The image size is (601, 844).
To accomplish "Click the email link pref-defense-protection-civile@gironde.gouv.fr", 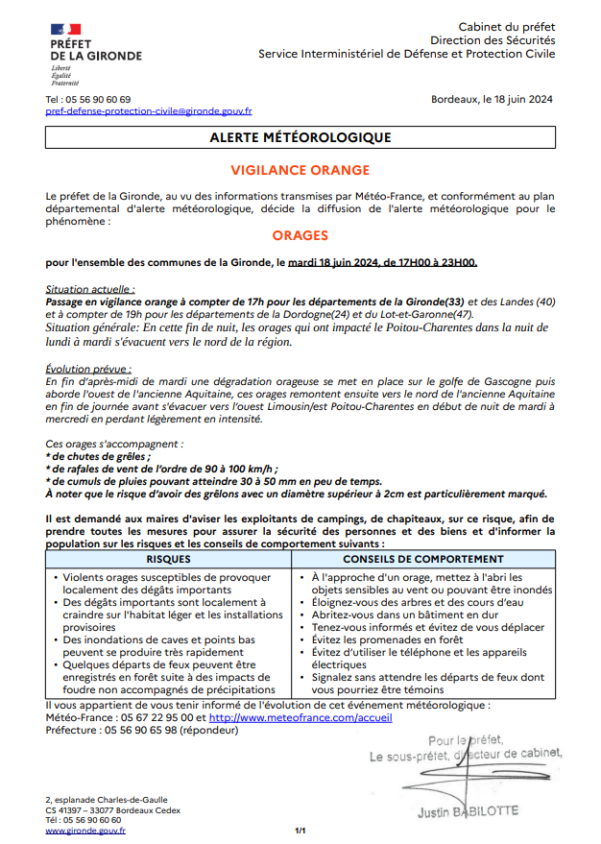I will point(149,111).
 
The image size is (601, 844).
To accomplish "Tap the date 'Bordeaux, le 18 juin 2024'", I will point(492,99).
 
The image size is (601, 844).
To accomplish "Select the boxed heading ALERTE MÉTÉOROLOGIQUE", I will point(300,138).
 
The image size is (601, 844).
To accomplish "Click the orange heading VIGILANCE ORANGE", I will point(300,170).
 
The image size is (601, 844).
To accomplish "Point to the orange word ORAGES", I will point(300,235).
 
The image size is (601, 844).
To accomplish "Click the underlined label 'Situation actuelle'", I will point(90,289).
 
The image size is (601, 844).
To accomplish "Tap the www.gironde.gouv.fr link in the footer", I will point(85,832).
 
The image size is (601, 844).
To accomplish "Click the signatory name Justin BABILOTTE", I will point(468,811).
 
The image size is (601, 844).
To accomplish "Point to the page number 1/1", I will point(300,832).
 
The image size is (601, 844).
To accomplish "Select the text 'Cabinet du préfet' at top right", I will point(507,27).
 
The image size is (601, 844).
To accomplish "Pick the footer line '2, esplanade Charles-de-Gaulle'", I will point(107,800).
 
